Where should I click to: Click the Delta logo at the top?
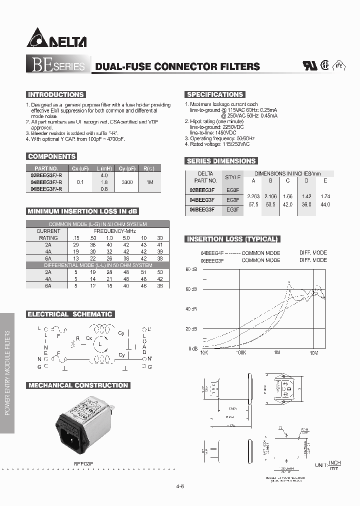(56, 38)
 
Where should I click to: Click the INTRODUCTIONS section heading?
(55, 94)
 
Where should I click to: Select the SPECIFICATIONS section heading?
(214, 94)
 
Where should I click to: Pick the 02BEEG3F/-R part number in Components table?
(46, 176)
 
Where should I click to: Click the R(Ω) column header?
(149, 168)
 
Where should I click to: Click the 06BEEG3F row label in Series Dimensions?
(202, 210)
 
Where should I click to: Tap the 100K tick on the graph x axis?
(240, 352)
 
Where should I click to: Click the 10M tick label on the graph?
(314, 352)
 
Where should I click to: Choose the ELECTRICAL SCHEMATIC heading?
(70, 314)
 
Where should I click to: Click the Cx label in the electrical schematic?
(89, 338)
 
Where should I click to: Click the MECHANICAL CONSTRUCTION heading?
(78, 385)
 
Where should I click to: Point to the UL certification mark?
(310, 66)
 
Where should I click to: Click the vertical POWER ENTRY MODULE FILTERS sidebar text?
(7, 372)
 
